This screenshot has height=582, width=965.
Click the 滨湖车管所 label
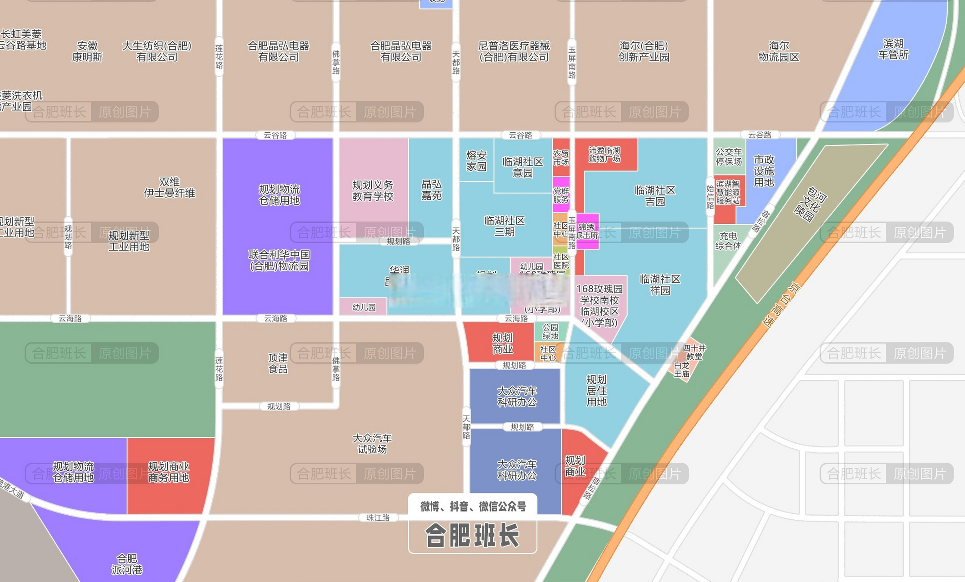pyautogui.click(x=893, y=49)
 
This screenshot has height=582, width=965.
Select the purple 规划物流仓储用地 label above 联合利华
pyautogui.click(x=279, y=195)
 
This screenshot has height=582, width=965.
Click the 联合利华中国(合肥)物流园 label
pyautogui.click(x=279, y=260)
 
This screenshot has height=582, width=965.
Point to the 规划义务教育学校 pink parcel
pyautogui.click(x=373, y=191)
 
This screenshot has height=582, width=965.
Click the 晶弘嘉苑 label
pyautogui.click(x=431, y=190)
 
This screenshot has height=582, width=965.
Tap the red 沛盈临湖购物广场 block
pyautogui.click(x=604, y=155)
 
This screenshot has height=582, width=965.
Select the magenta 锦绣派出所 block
pyautogui.click(x=587, y=231)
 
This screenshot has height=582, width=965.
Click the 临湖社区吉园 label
pyautogui.click(x=655, y=196)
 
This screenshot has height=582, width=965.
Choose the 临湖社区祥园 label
pyautogui.click(x=660, y=284)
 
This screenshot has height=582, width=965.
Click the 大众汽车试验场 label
pyautogui.click(x=372, y=443)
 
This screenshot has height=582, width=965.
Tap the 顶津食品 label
pyautogui.click(x=277, y=363)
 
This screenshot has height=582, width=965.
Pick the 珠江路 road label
pyautogui.click(x=378, y=517)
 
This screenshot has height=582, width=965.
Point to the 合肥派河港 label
pyautogui.click(x=127, y=564)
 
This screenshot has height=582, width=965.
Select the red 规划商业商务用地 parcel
pyautogui.click(x=169, y=472)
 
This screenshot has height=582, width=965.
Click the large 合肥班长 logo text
pyautogui.click(x=472, y=536)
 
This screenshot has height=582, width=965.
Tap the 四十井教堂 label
pyautogui.click(x=694, y=352)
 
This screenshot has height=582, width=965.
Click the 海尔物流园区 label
pyautogui.click(x=778, y=51)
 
